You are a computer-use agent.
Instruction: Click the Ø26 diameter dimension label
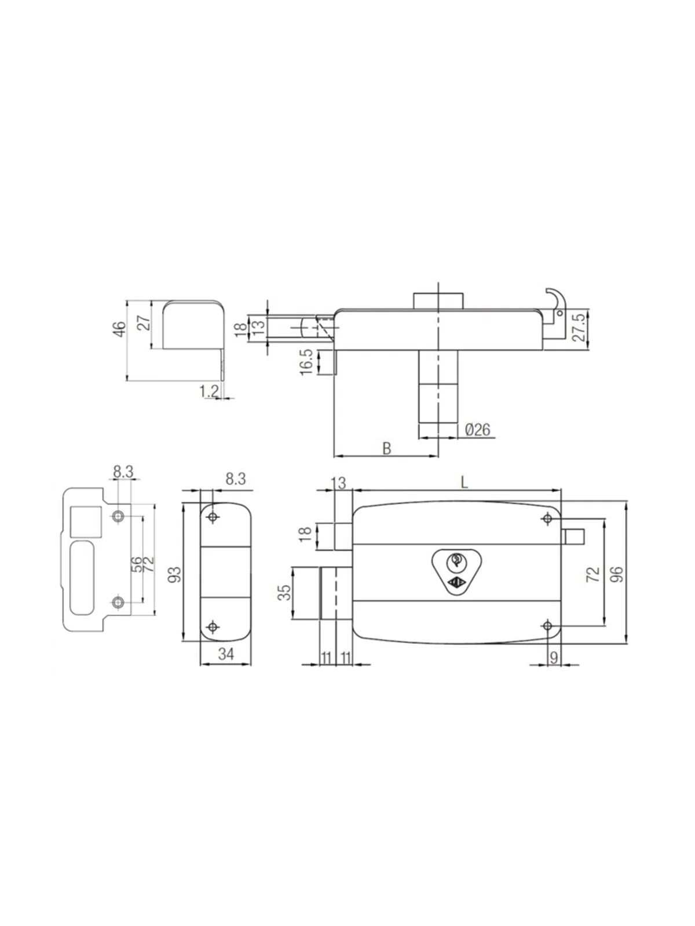[x=478, y=429]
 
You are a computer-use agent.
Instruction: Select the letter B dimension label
[x=386, y=448]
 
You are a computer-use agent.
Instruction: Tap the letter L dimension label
[x=464, y=482]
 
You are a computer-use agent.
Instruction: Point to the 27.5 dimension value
[x=581, y=327]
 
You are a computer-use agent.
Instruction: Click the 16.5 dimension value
[x=306, y=362]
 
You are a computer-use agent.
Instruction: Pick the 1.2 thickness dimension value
[x=209, y=391]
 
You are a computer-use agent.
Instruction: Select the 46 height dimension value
[x=120, y=329]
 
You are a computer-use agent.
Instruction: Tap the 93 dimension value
[x=174, y=574]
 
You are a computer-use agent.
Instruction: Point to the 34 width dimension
[x=226, y=654]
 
